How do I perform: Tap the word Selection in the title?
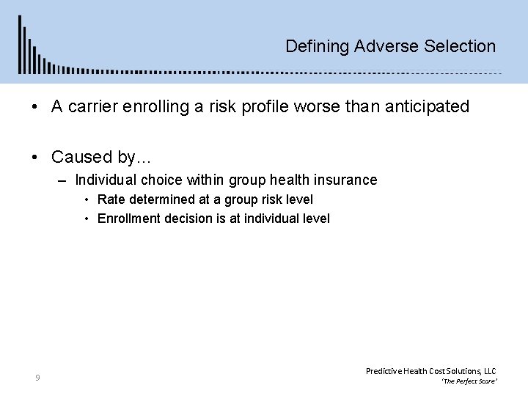(x=459, y=46)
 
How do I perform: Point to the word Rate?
(x=111, y=199)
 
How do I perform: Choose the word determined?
(x=157, y=199)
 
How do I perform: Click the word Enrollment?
(x=127, y=218)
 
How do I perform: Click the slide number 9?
(x=37, y=378)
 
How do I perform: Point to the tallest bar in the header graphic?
(x=20, y=44)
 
